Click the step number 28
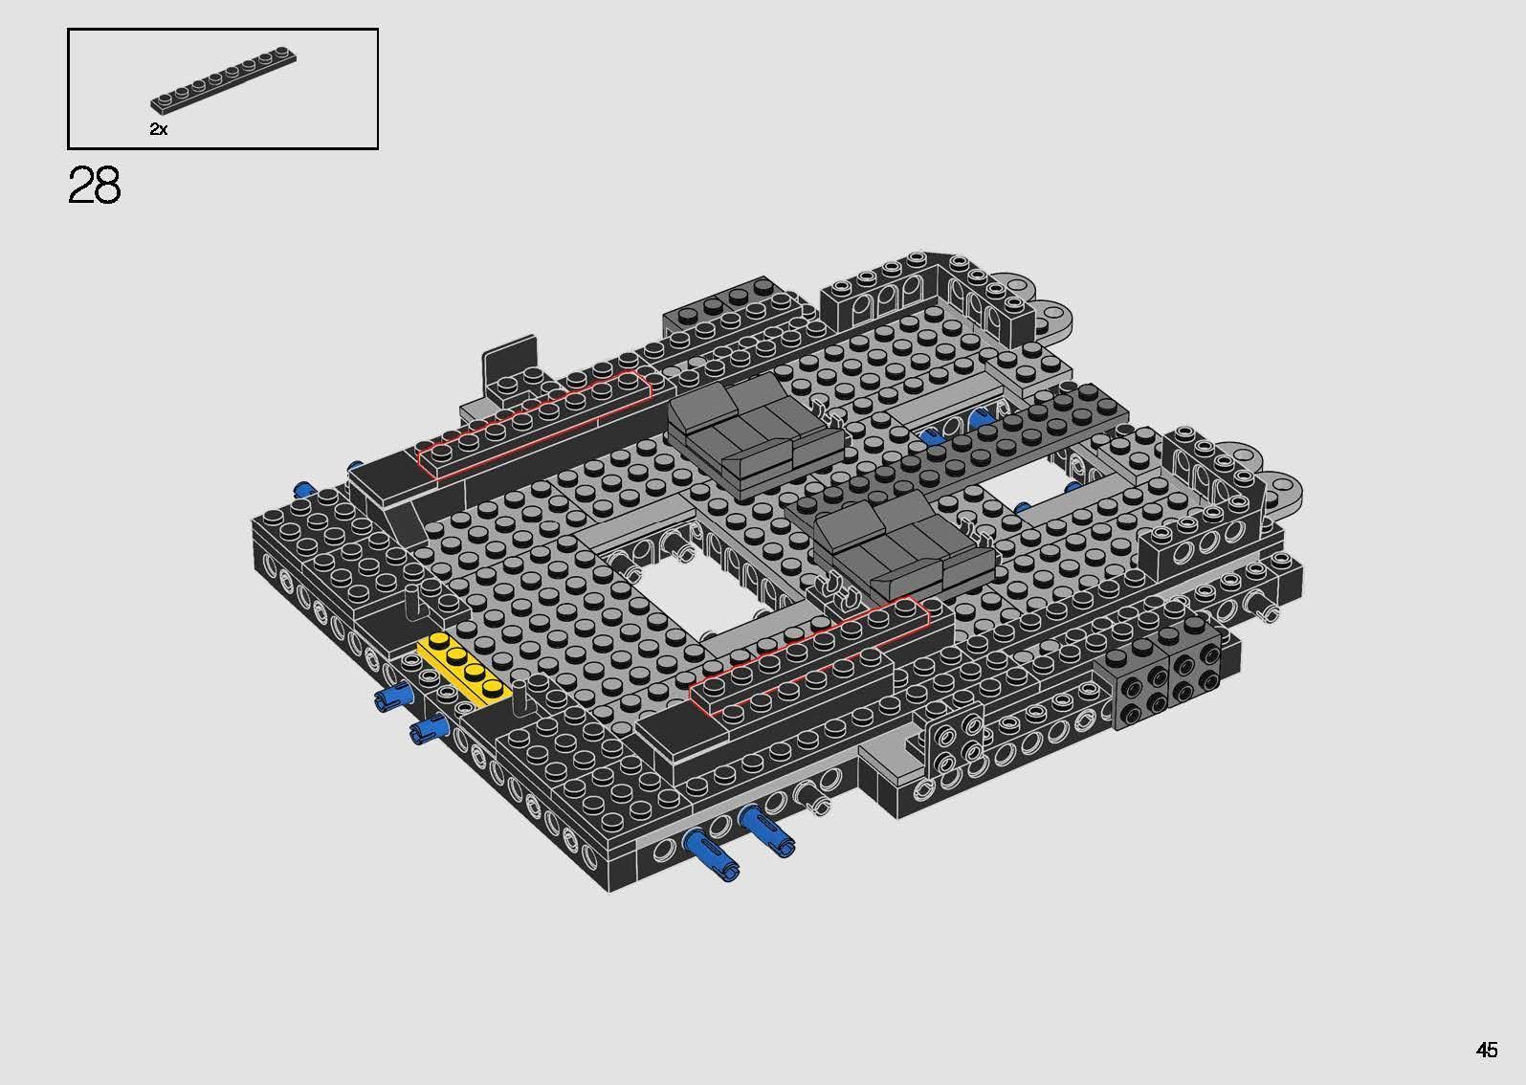[94, 186]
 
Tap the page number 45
[1486, 1050]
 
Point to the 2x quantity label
[159, 129]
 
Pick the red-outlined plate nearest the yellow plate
[808, 655]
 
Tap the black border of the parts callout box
[222, 30]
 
